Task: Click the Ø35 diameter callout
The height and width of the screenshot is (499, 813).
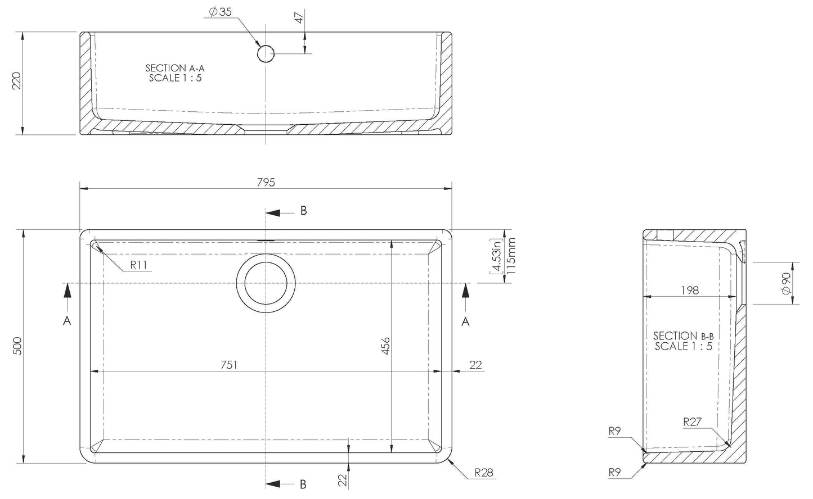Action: [x=221, y=12]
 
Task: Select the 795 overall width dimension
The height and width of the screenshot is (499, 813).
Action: [x=266, y=182]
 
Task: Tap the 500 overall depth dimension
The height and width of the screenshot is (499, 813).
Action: [x=17, y=346]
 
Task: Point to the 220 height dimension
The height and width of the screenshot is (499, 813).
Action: [x=17, y=81]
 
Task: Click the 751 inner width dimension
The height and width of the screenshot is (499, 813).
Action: [x=229, y=365]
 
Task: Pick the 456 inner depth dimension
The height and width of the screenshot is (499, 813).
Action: [x=386, y=346]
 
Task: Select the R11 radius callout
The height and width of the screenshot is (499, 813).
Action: [x=138, y=265]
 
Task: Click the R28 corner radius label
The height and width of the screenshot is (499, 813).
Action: [x=484, y=473]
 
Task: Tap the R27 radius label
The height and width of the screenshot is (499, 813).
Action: [x=692, y=422]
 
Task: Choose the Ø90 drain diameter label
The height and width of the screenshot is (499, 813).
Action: [x=786, y=283]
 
